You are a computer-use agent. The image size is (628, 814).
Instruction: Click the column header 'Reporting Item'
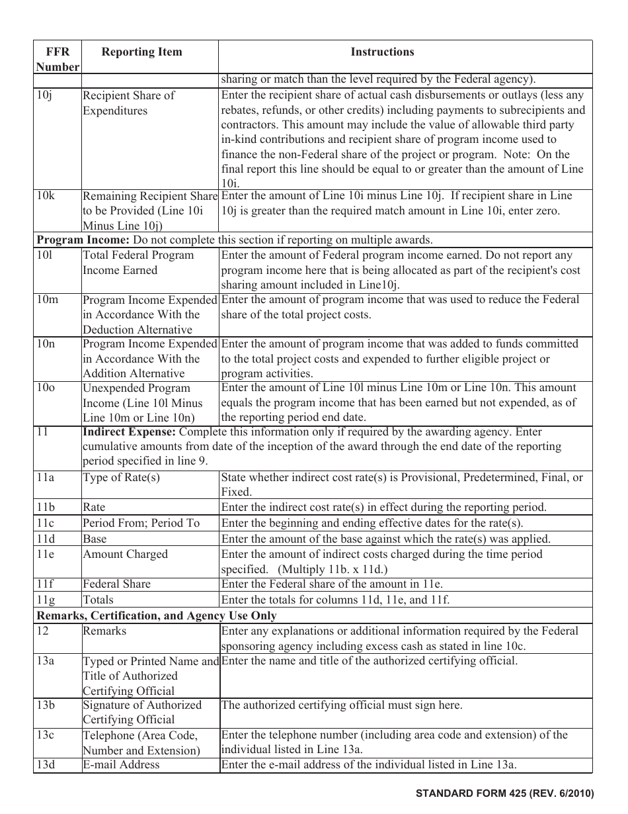click(x=141, y=52)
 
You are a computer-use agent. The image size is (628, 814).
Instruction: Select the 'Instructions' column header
click(x=382, y=52)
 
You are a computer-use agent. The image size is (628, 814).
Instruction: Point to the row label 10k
click(x=46, y=196)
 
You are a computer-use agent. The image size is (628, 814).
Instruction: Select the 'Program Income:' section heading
click(x=77, y=240)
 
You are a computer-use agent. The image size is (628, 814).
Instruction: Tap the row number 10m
click(x=47, y=300)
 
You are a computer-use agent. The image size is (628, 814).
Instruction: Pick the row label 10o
click(x=46, y=388)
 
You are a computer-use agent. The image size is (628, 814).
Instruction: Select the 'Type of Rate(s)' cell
click(x=121, y=478)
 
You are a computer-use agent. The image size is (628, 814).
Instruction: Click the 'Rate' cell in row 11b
click(x=94, y=508)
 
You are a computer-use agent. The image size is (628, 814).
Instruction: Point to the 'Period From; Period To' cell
click(x=141, y=523)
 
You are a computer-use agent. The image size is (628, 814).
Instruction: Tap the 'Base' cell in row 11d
click(x=95, y=539)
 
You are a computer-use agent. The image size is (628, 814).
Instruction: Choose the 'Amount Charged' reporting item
click(x=125, y=555)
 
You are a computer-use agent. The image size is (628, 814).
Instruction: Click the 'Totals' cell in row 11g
click(x=98, y=600)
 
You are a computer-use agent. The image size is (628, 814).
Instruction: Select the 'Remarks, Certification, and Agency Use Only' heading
click(x=157, y=616)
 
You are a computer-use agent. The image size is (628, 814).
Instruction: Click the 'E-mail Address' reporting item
click(x=121, y=765)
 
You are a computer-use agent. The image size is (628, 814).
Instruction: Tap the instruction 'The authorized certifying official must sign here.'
click(x=342, y=705)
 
